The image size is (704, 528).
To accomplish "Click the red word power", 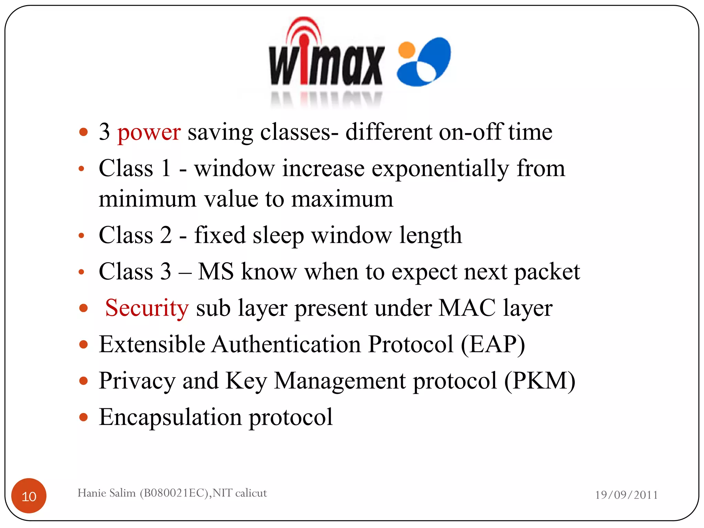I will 148,133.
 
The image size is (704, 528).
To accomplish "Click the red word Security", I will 147,308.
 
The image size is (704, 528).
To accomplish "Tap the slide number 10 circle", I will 29,496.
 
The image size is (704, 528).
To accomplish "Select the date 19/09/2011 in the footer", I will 626,495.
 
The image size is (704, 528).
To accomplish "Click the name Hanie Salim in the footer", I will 107,493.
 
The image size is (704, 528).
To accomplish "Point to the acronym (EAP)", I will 493,344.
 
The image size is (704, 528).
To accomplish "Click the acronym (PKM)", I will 539,381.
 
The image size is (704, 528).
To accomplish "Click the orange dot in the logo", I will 407,50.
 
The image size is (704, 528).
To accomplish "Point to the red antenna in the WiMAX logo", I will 304,52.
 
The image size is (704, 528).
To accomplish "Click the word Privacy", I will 137,381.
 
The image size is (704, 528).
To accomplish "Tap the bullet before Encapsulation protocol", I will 83,417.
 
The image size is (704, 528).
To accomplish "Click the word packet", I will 547,272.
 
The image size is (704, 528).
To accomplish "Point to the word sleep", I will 278,236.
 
